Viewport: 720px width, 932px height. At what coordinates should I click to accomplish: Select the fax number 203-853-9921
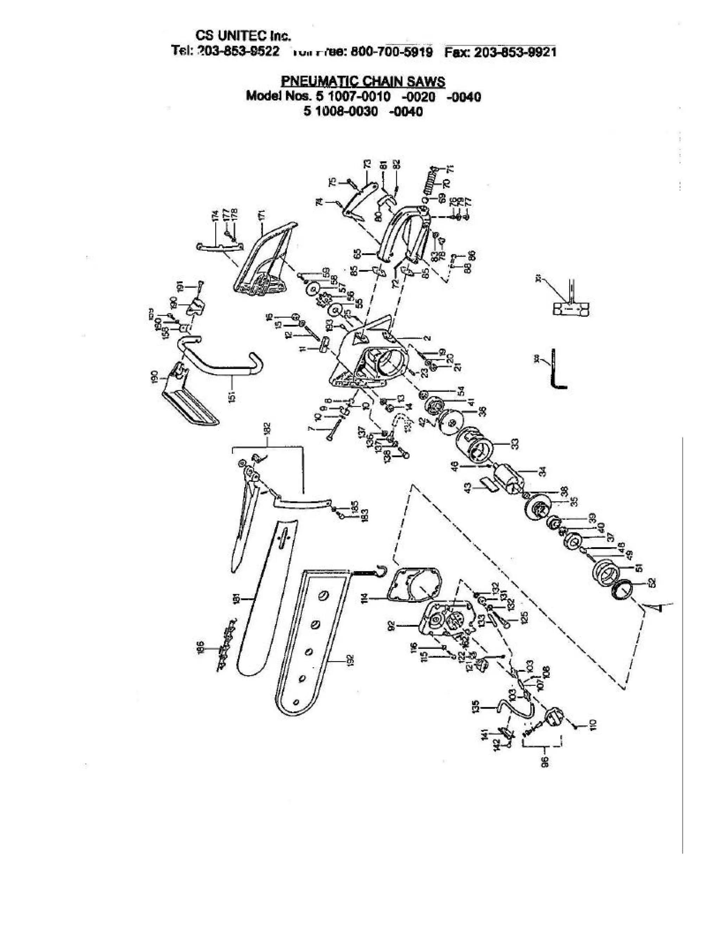515,52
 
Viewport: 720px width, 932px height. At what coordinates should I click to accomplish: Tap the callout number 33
515,444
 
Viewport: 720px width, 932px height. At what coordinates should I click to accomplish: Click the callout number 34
542,472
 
